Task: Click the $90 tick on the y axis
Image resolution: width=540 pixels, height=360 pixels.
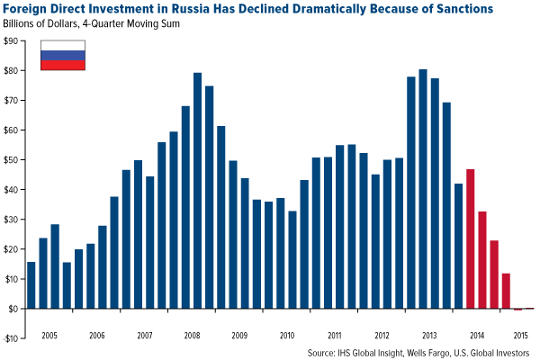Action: [x=12, y=41]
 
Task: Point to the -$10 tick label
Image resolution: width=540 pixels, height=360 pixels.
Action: [x=12, y=338]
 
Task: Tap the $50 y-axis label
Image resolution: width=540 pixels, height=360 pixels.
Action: [x=12, y=160]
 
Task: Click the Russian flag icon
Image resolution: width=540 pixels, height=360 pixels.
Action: [x=63, y=56]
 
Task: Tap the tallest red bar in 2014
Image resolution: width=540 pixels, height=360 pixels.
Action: [x=470, y=238]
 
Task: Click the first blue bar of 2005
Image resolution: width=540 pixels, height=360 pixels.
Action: [x=31, y=285]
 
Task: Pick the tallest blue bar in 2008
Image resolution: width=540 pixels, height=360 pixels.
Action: [x=197, y=191]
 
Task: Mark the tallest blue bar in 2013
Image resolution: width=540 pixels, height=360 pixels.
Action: [x=423, y=189]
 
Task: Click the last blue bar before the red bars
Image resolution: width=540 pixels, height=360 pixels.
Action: [x=458, y=246]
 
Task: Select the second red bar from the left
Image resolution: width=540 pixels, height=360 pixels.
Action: [x=481, y=260]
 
